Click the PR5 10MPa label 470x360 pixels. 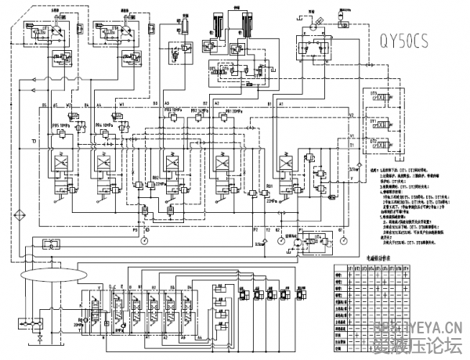(60, 124)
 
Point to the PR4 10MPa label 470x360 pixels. (103, 124)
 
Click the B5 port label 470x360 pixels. (45, 104)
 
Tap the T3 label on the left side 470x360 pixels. (34, 141)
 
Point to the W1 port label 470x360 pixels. (121, 104)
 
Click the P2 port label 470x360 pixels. (255, 229)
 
